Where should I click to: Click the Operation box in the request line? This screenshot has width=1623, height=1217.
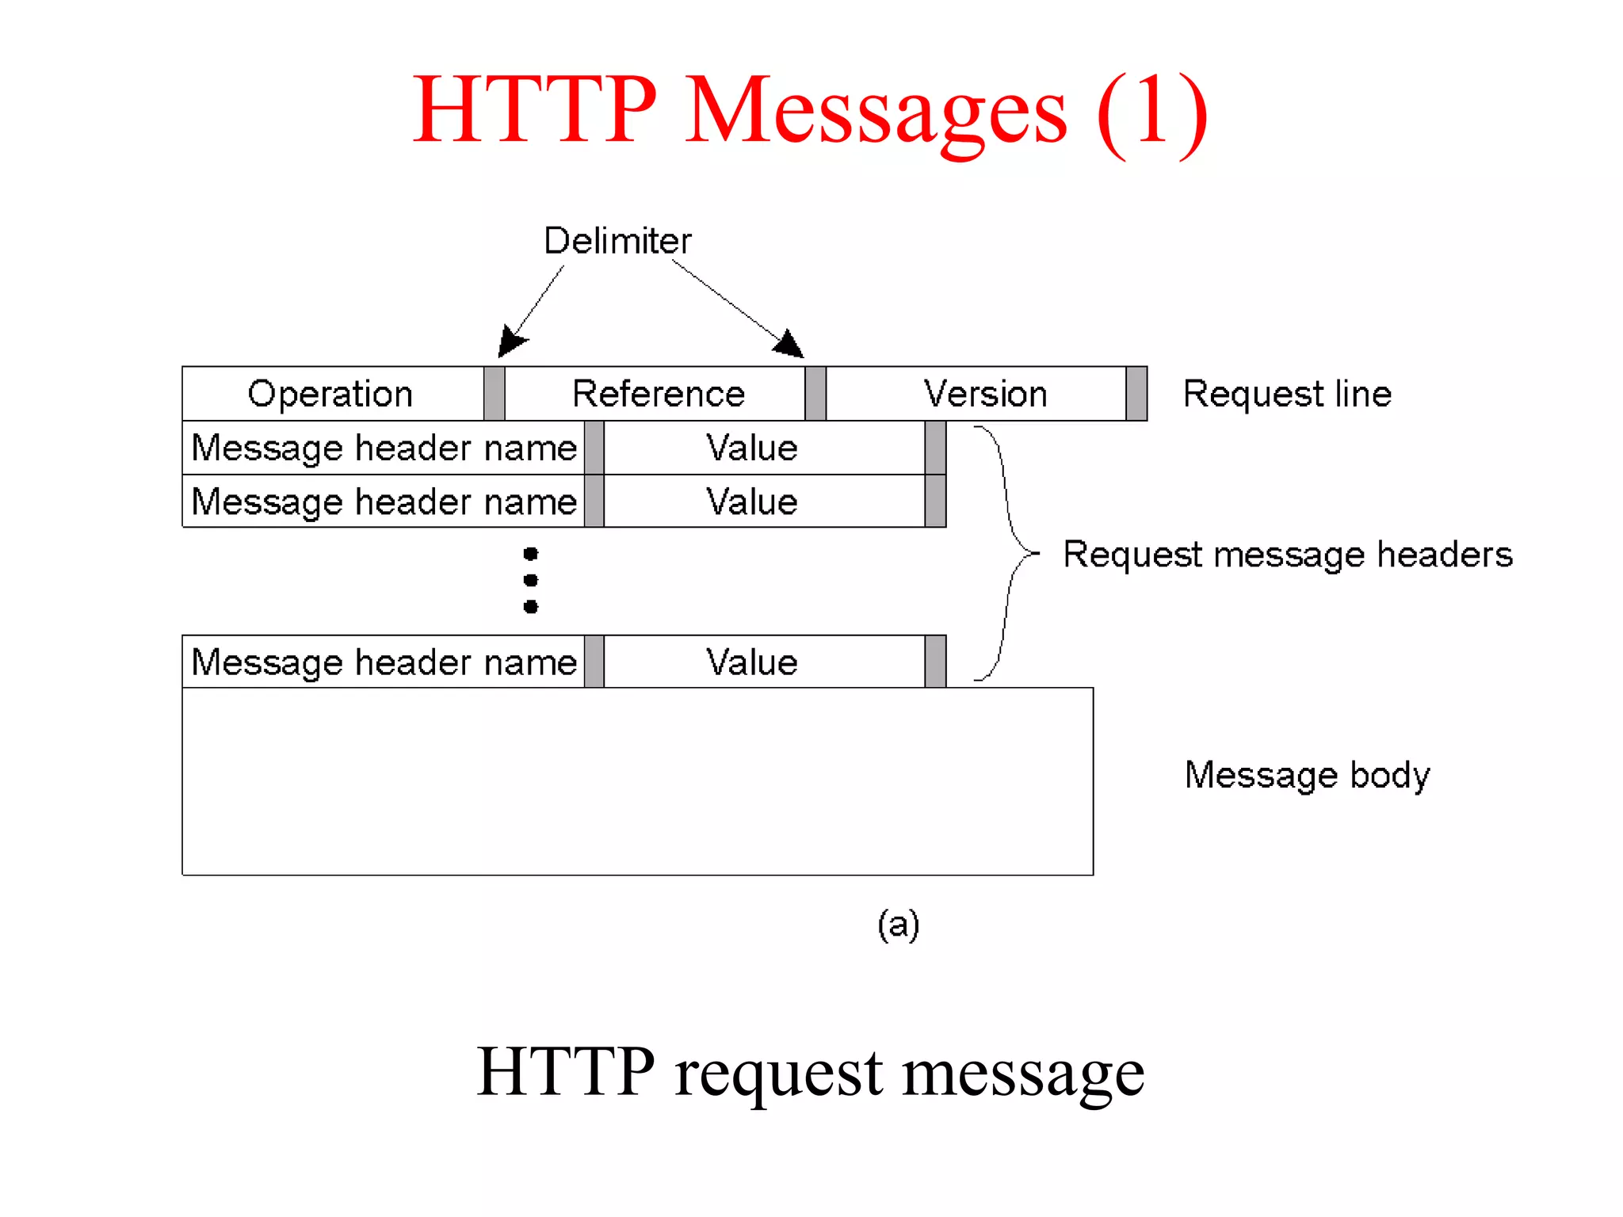coord(332,394)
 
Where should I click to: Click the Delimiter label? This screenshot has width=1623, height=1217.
coord(617,240)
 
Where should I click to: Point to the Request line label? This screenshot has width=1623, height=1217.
coord(1287,394)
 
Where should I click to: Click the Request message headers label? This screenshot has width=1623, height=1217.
coord(1288,554)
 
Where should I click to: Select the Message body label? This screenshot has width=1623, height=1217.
coord(1308,774)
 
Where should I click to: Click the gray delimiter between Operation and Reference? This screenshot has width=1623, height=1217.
coord(495,394)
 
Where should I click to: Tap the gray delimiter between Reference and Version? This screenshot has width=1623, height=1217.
coord(815,394)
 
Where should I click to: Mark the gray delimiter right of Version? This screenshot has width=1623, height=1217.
coord(1136,394)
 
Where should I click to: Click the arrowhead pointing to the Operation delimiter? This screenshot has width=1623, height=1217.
coord(510,342)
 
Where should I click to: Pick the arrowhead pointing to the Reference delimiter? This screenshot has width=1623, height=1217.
coord(789,344)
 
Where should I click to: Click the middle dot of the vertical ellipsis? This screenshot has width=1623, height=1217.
coord(531,580)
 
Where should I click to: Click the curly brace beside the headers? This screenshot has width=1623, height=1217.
coord(1010,552)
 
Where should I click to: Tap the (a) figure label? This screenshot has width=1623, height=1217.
coord(898,925)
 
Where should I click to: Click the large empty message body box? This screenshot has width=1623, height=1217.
coord(637,781)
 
